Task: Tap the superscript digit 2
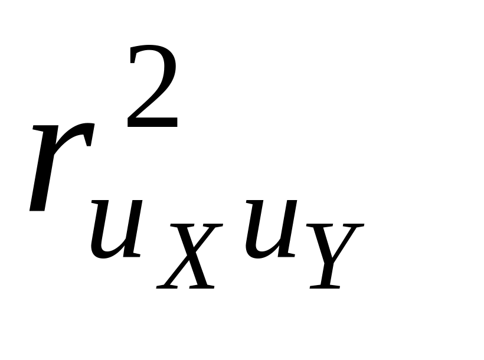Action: [152, 89]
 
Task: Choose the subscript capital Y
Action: [333, 255]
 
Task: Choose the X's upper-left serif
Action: [177, 226]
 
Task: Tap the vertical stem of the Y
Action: [328, 271]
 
